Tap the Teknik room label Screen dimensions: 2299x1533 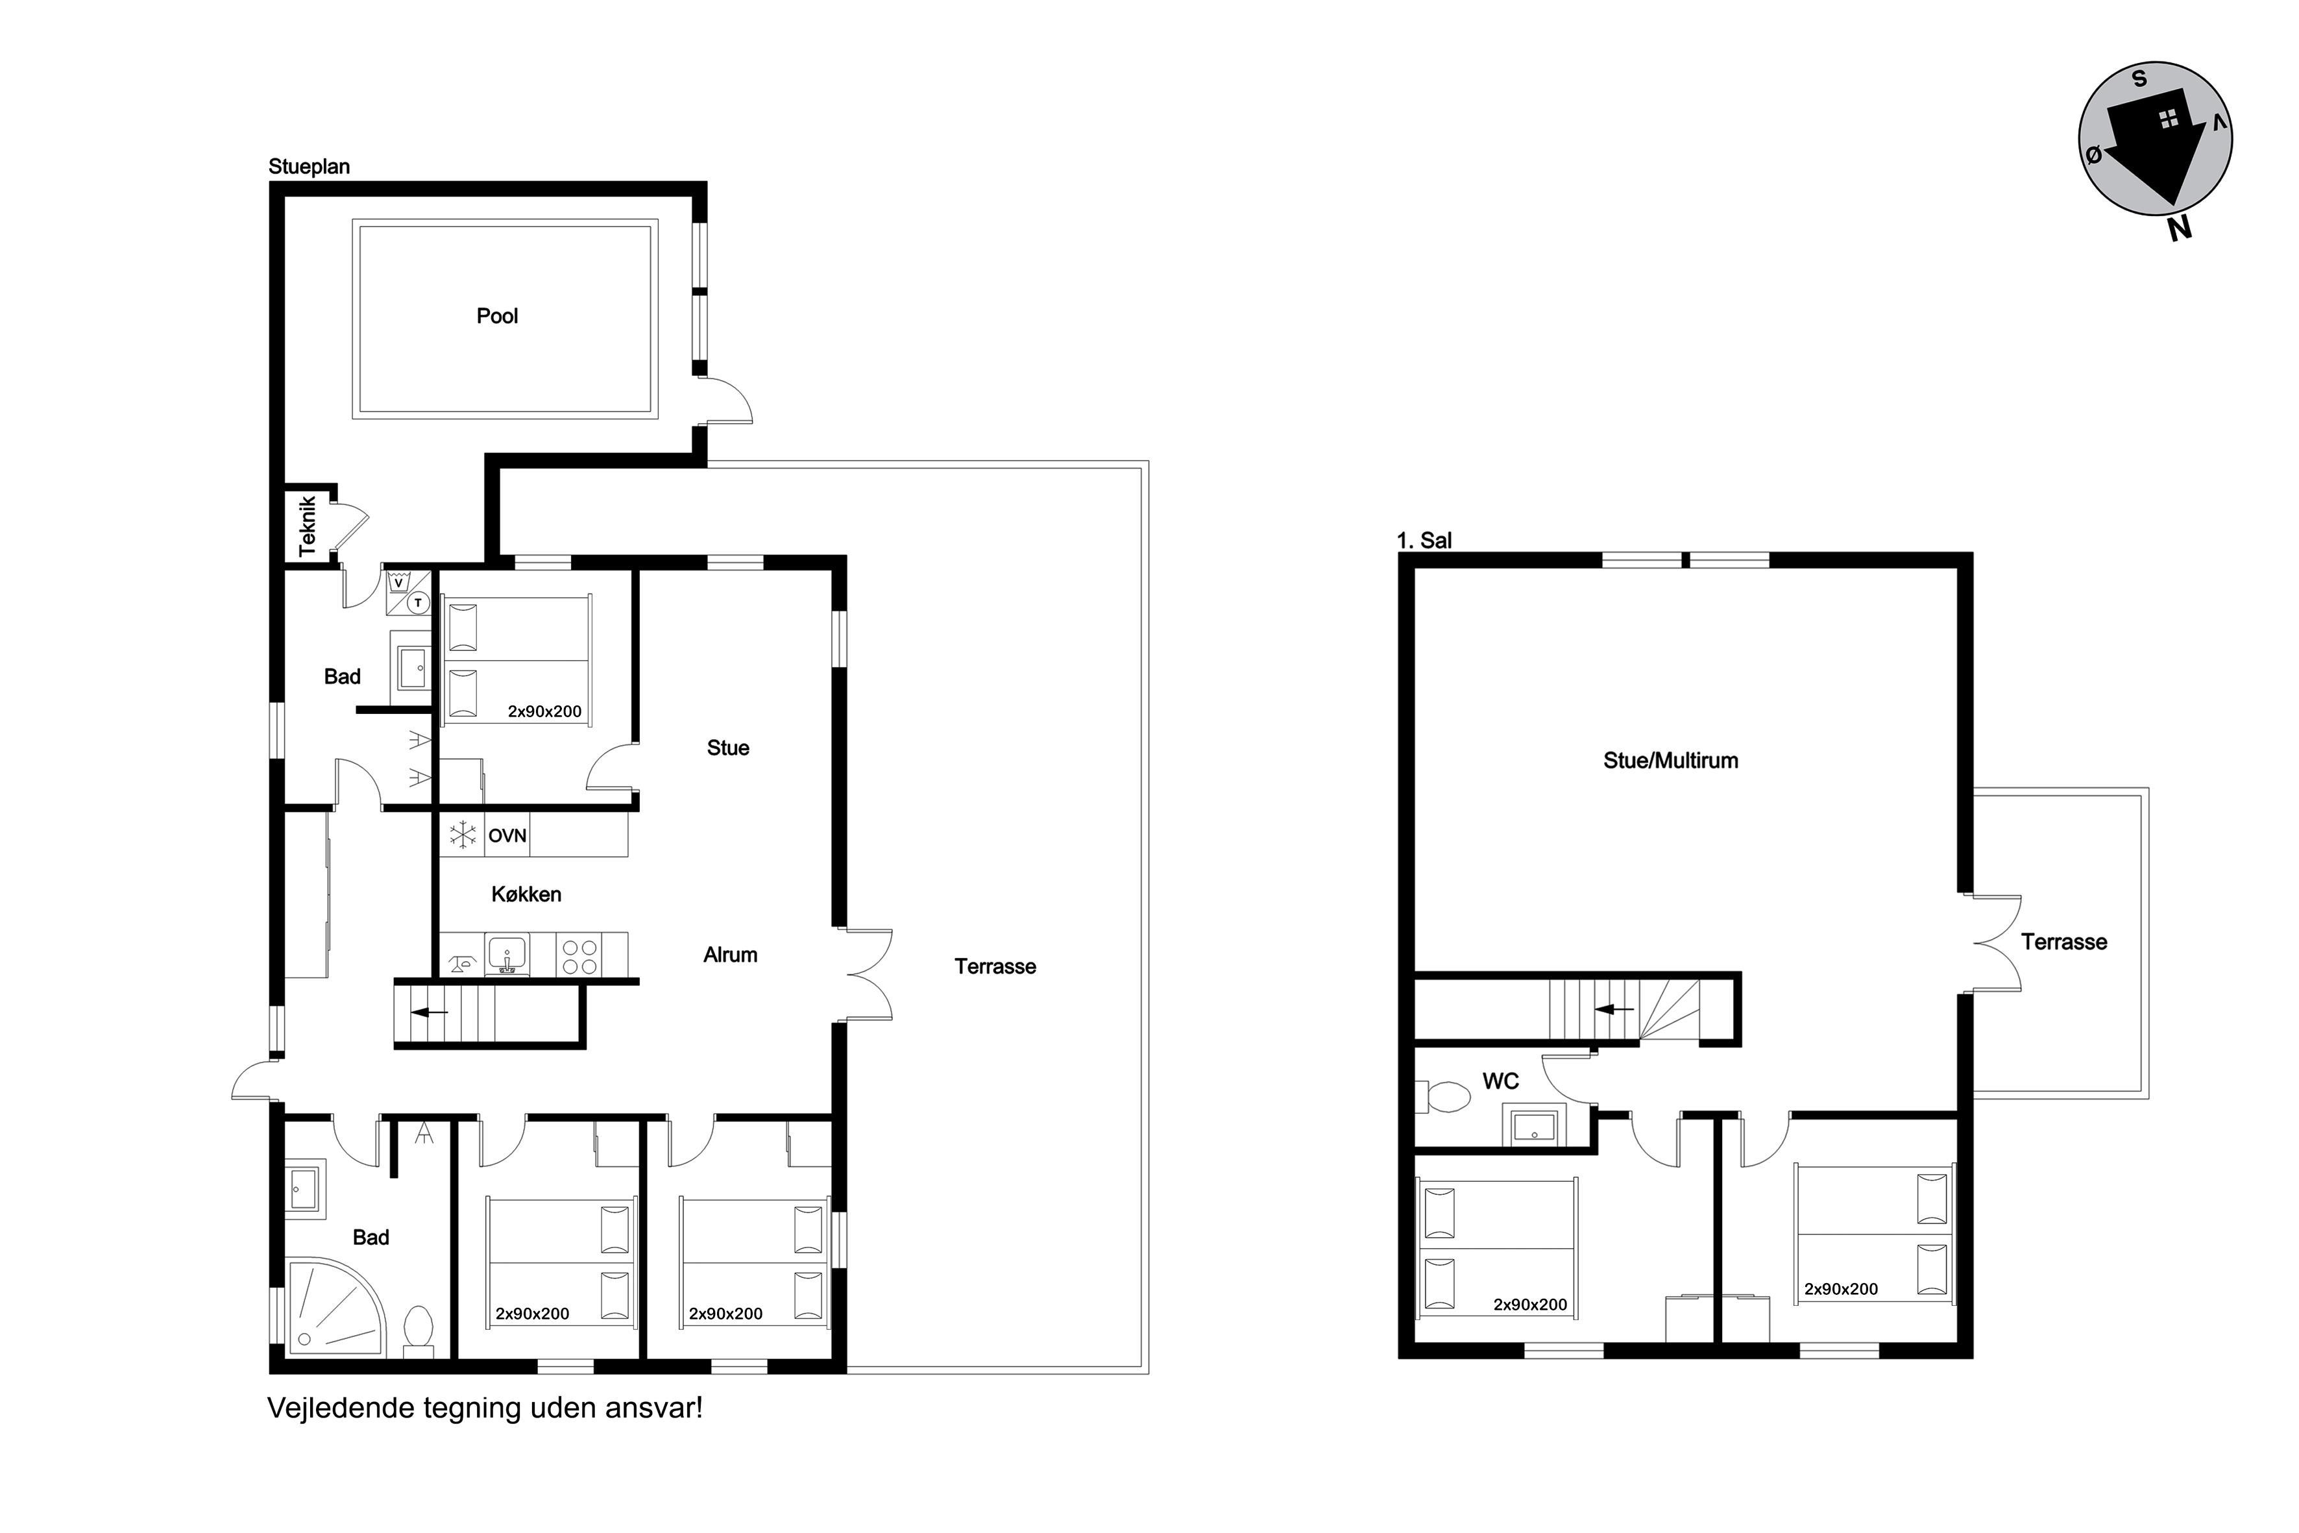(307, 526)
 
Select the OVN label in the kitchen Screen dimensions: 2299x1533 (507, 836)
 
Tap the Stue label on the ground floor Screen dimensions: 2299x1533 (728, 748)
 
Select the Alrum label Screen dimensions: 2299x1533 (730, 955)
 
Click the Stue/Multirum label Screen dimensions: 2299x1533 (1670, 761)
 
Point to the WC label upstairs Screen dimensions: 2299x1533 (1500, 1081)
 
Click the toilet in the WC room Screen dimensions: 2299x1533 (1442, 1097)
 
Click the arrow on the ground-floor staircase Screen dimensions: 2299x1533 (430, 1013)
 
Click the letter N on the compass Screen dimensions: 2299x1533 (2179, 228)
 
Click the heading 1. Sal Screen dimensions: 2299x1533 (1424, 541)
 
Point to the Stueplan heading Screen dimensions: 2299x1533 (309, 166)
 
